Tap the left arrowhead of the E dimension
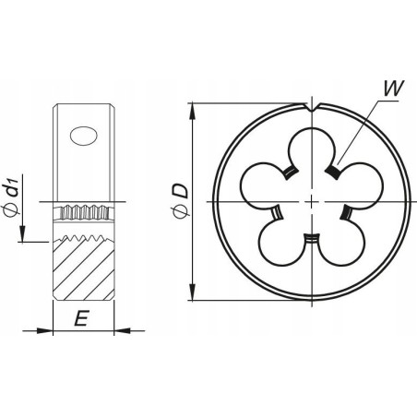[46, 330]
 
